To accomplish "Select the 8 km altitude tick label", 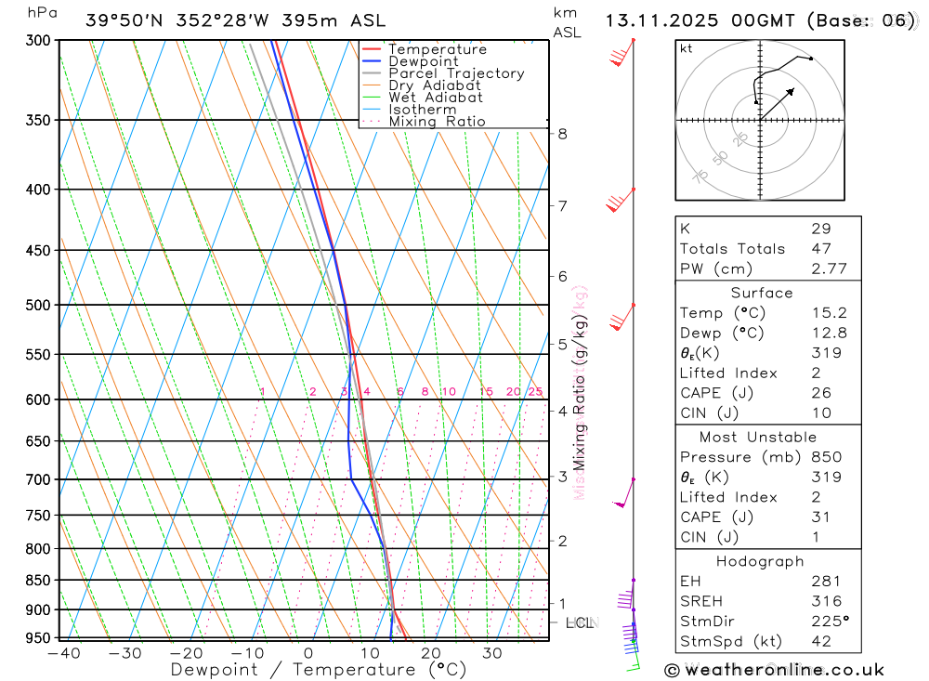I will click(562, 134).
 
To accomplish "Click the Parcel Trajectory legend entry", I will click(455, 73).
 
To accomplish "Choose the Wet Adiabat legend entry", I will click(436, 98).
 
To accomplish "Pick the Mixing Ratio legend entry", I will click(437, 122).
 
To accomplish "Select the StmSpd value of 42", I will click(820, 641).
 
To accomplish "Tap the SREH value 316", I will click(825, 601).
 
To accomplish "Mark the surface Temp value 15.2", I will click(829, 313).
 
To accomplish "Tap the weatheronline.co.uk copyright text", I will click(774, 670).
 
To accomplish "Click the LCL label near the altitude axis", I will click(579, 622).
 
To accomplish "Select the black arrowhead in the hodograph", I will click(791, 91).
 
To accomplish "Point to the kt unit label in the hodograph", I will click(686, 48).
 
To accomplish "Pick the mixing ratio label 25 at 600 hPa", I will click(535, 392).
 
